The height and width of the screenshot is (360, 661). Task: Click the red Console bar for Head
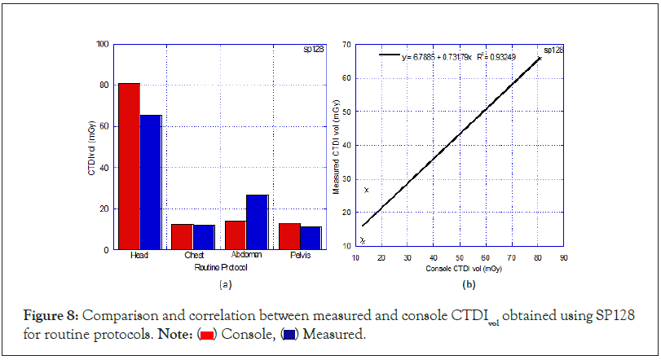[x=129, y=166]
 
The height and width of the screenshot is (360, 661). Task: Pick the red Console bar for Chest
[x=182, y=236]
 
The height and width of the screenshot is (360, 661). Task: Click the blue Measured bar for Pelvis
[x=311, y=238]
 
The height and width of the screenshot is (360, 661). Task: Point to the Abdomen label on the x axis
[x=246, y=256]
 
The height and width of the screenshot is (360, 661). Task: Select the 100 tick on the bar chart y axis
[x=102, y=44]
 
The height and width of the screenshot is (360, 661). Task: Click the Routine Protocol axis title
[x=220, y=266]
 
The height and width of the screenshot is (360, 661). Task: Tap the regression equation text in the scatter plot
[x=437, y=57]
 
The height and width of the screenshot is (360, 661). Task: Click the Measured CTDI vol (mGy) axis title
[x=336, y=145]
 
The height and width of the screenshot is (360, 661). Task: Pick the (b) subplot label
[x=469, y=284]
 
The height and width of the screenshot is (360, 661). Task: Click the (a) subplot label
[x=226, y=284]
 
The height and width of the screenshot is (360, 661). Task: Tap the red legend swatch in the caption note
[x=207, y=333]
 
